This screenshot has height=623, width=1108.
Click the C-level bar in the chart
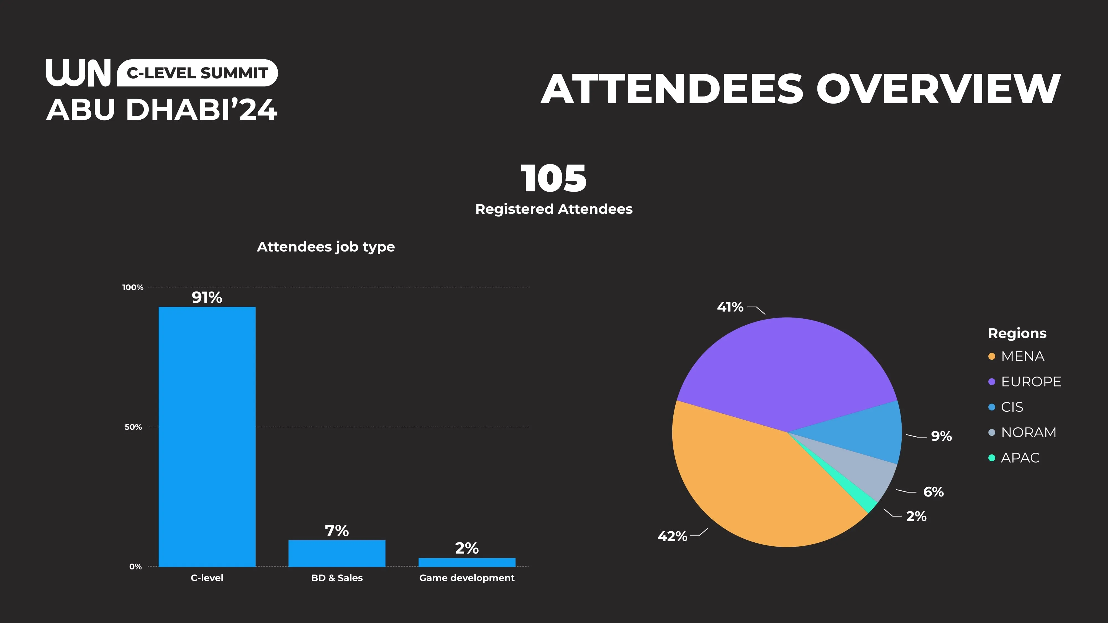pyautogui.click(x=207, y=436)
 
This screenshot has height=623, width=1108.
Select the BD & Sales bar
pyautogui.click(x=337, y=553)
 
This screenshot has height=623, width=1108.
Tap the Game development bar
pyautogui.click(x=467, y=562)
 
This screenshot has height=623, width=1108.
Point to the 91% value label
pyautogui.click(x=207, y=297)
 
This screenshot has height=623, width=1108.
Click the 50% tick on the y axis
pyautogui.click(x=133, y=427)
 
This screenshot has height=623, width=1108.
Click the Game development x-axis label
pyautogui.click(x=467, y=578)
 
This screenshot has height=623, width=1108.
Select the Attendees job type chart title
pyautogui.click(x=325, y=247)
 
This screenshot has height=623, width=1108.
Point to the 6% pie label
pyautogui.click(x=933, y=491)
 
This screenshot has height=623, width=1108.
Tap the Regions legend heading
pyautogui.click(x=1017, y=333)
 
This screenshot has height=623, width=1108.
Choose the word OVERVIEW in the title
pyautogui.click(x=938, y=89)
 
